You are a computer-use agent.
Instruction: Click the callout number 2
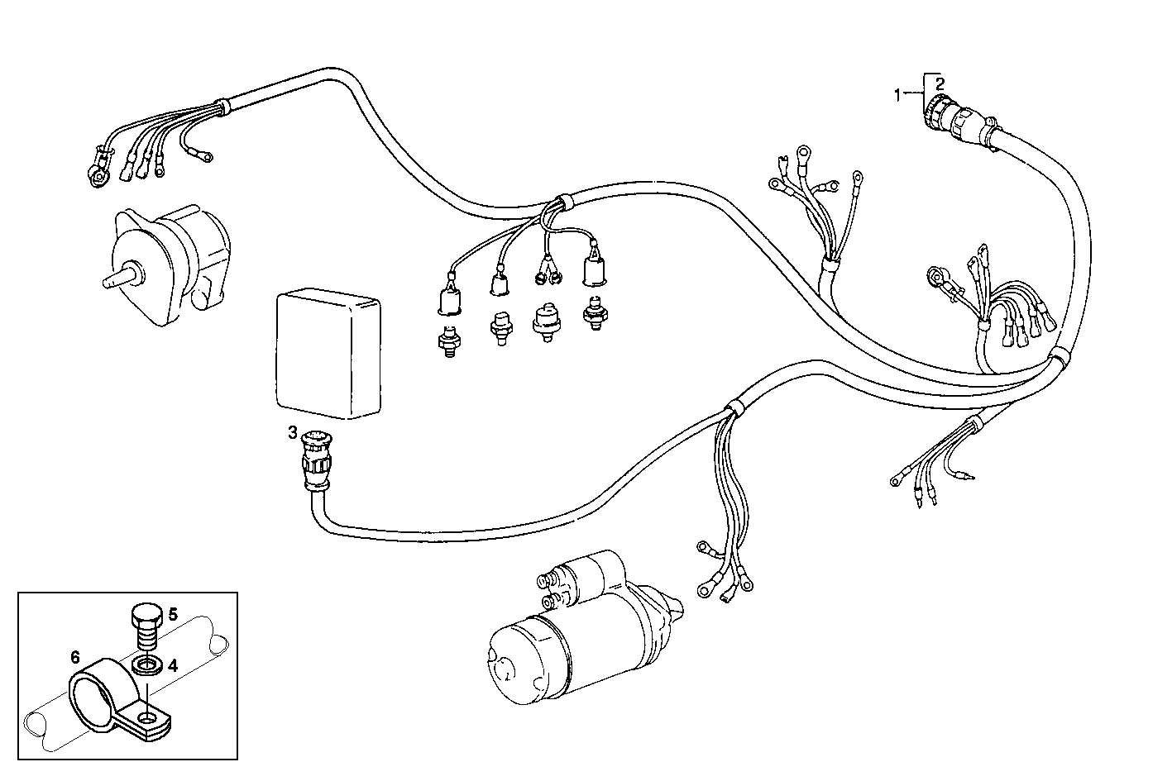(939, 83)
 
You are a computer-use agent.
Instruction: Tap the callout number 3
(292, 432)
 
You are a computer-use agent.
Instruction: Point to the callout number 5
(173, 614)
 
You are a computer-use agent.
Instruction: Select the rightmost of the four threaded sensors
(591, 315)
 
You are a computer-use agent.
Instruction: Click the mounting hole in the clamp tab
(149, 719)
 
